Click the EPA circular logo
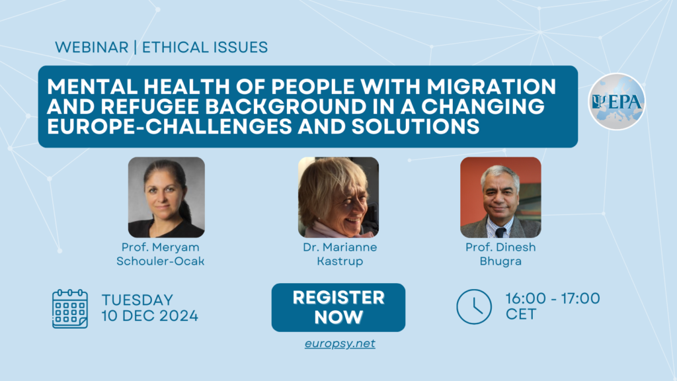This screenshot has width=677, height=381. (x=617, y=101)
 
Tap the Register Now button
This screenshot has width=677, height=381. (x=338, y=308)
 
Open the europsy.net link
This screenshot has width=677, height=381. (x=340, y=343)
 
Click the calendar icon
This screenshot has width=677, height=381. (x=70, y=309)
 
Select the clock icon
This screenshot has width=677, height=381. (x=474, y=307)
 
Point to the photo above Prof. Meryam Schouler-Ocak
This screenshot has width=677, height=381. (x=166, y=197)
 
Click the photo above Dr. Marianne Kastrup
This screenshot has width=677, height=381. (x=338, y=197)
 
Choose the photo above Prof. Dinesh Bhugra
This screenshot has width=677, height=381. (x=500, y=197)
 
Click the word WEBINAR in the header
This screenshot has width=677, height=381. (x=91, y=47)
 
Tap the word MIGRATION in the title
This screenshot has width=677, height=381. (x=491, y=87)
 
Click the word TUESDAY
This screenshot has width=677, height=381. (x=138, y=300)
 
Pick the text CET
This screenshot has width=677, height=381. (x=521, y=314)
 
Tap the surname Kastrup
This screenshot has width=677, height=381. (x=340, y=261)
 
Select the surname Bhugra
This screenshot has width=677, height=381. (x=500, y=261)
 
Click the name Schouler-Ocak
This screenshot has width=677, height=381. (x=160, y=261)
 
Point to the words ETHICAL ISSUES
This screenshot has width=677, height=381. (x=205, y=47)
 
